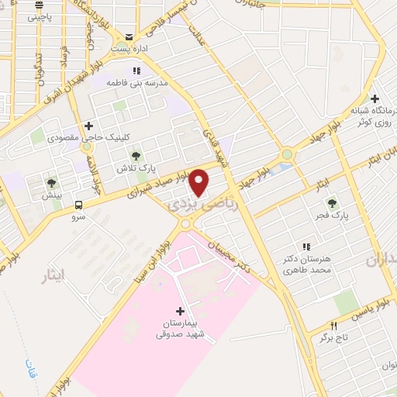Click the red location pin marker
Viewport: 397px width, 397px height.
[200, 182]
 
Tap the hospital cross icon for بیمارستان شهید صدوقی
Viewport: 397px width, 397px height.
[181, 311]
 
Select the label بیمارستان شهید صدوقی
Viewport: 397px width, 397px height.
[181, 330]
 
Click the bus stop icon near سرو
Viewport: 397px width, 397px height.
[79, 205]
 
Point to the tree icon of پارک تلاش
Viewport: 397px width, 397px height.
[137, 157]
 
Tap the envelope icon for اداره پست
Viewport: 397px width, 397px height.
[129, 36]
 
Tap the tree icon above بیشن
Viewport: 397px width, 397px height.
[51, 184]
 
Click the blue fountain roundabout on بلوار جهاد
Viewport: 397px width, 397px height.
[288, 154]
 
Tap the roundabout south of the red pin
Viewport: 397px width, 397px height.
[186, 224]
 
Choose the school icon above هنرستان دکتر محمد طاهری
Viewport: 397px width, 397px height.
[307, 247]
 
